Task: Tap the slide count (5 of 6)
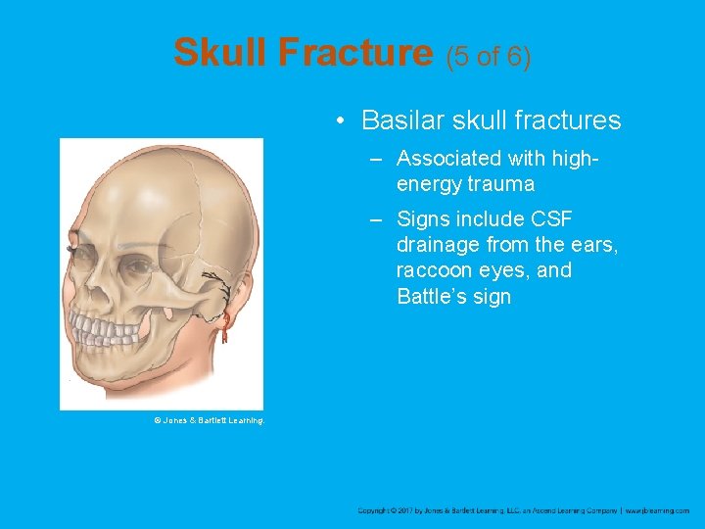(489, 56)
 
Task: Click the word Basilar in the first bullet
(403, 120)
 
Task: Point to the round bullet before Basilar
(338, 121)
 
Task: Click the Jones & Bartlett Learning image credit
(209, 420)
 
